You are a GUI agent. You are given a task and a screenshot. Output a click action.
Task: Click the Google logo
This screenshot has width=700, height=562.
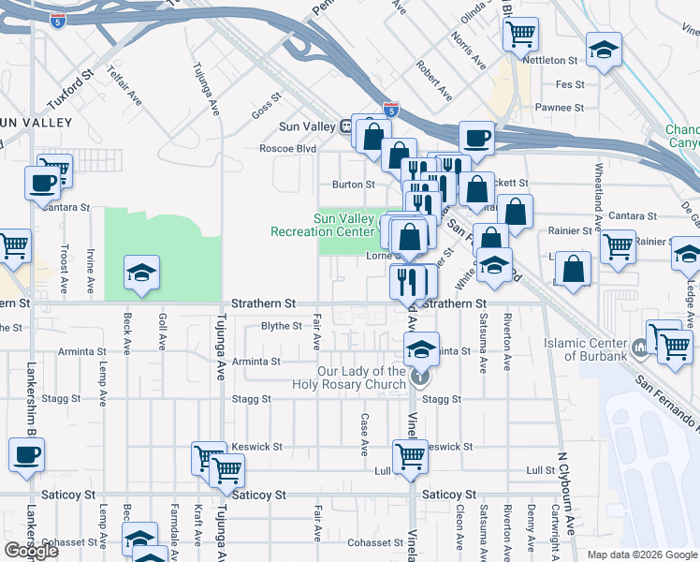[x=31, y=551]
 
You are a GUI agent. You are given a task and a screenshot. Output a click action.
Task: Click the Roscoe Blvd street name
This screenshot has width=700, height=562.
[x=287, y=148]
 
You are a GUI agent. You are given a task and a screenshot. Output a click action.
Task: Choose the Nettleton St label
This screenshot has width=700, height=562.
[x=552, y=60]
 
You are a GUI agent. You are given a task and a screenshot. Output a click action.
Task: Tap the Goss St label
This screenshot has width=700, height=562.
[x=266, y=105]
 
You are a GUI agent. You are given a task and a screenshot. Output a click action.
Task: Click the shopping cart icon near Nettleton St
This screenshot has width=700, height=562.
[x=521, y=35]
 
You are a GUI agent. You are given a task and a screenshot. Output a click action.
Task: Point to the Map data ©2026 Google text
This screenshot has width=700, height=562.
[x=642, y=555]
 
